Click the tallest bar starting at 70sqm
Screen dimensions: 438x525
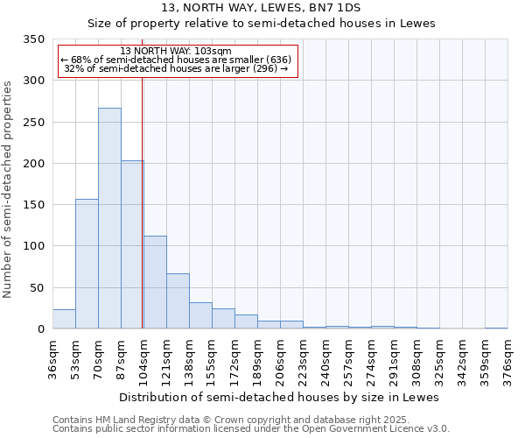coord(109,218)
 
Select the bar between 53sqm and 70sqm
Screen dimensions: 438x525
coord(87,264)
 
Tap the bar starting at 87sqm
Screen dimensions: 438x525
coord(132,244)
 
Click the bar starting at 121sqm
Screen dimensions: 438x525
coord(178,301)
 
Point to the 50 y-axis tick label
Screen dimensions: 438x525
coord(37,287)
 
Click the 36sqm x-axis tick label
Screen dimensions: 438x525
coord(52,359)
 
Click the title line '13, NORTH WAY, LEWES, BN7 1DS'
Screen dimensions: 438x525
coord(261,8)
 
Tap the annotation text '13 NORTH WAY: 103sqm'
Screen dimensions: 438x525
coord(176,51)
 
